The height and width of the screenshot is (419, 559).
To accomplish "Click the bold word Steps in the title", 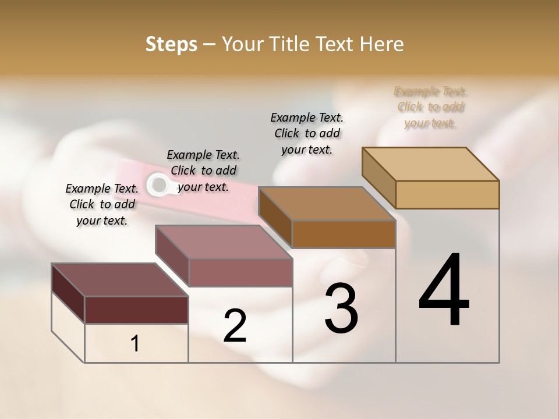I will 171,44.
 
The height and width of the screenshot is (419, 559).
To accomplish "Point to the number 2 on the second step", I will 235,326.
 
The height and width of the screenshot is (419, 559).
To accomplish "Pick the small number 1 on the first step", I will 135,344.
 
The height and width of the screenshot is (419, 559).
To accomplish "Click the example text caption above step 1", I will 102,204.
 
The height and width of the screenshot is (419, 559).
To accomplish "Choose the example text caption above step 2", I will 203,171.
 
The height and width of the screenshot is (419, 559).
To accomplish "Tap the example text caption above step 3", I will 307,133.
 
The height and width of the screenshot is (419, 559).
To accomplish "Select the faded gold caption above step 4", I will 431,107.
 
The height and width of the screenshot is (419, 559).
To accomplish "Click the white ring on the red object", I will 157,184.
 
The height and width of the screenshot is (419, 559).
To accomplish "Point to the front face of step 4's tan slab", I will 447,194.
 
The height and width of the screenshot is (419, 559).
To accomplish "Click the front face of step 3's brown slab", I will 344,234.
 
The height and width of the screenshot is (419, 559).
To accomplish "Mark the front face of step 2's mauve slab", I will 240,272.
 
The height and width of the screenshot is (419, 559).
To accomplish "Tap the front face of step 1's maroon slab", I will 136,310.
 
